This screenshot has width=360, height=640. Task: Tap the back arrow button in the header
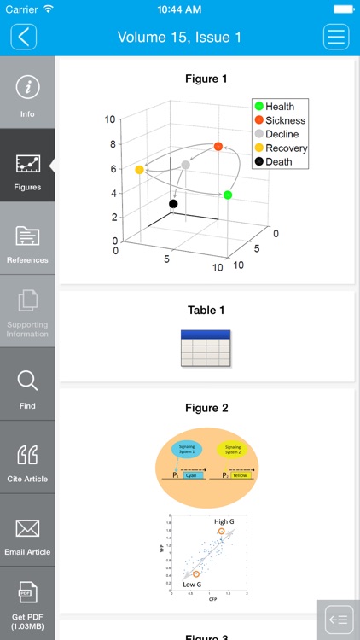point(24,37)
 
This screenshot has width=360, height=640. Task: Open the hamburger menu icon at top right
point(336,37)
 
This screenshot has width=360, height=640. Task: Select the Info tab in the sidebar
point(27,94)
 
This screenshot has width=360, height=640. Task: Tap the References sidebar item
point(27,240)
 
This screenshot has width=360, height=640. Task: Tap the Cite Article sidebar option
point(27,460)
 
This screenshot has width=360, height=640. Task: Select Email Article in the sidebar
point(27,533)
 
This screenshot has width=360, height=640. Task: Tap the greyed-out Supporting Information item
point(27,311)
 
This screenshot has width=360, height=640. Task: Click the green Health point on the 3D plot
point(228,195)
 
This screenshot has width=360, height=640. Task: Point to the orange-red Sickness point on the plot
point(218,147)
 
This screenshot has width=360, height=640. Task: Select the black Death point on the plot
point(173,204)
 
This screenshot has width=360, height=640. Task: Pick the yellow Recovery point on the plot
point(139,170)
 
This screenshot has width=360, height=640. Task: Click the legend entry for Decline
point(281,134)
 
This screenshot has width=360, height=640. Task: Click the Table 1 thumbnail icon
point(206,348)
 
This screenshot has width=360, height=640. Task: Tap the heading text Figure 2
point(206,409)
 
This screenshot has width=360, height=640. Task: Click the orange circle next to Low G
point(196,574)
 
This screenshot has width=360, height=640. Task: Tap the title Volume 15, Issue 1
point(179,37)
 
